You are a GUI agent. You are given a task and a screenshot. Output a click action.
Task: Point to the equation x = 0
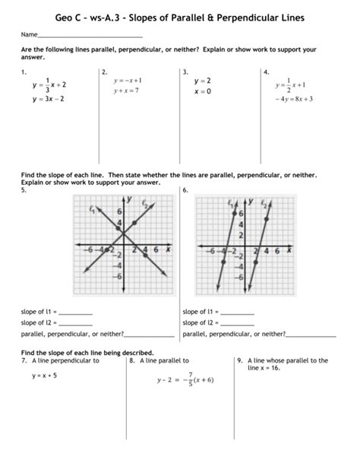[201, 90]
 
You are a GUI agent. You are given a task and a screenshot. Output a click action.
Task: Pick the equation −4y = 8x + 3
[294, 99]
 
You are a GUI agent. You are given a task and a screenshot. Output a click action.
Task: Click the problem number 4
[265, 71]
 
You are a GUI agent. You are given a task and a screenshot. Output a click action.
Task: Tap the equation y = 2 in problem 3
[202, 80]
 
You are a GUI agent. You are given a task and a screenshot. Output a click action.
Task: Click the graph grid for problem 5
[122, 248]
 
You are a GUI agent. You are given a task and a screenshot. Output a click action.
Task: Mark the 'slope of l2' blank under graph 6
[238, 323]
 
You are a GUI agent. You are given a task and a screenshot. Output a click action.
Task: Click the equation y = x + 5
[45, 375]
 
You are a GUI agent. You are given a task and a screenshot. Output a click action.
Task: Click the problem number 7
[25, 360]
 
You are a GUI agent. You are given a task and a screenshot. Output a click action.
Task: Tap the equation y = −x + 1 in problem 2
[128, 80]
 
